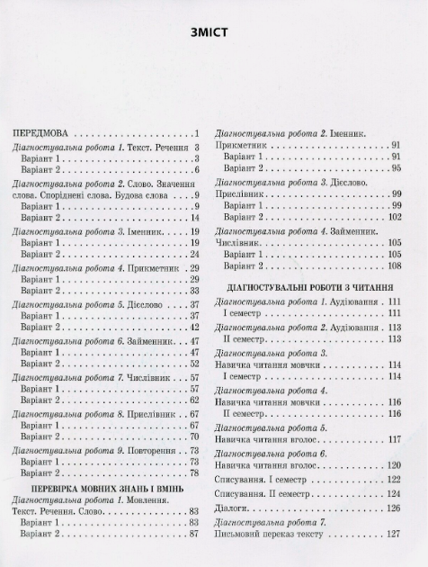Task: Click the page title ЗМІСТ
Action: pyautogui.click(x=213, y=34)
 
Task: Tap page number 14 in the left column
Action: pyautogui.click(x=193, y=218)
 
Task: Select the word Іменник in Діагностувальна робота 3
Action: pyautogui.click(x=138, y=231)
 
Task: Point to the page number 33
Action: pyautogui.click(x=193, y=292)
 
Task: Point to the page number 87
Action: pyautogui.click(x=193, y=534)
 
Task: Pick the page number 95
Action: pyautogui.click(x=395, y=168)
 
